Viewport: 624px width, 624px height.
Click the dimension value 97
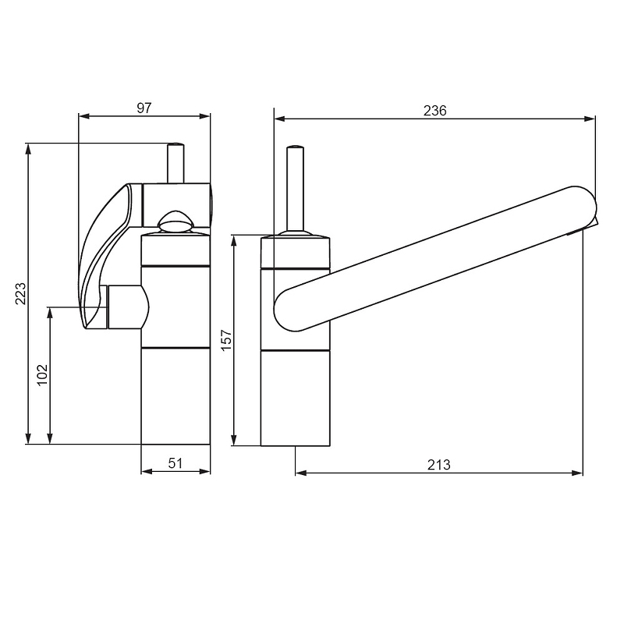(x=144, y=108)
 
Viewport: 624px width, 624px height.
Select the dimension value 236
(x=435, y=110)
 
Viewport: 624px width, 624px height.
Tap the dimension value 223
(x=20, y=293)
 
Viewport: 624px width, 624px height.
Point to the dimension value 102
(x=42, y=375)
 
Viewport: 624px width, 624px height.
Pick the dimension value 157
(x=226, y=339)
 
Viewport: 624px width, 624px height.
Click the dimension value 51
(x=175, y=463)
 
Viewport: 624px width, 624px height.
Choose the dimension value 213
(x=438, y=464)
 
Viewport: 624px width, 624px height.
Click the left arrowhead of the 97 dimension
(x=84, y=116)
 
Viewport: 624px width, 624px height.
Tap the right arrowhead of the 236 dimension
(x=590, y=119)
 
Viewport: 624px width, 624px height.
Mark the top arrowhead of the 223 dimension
(x=28, y=149)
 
